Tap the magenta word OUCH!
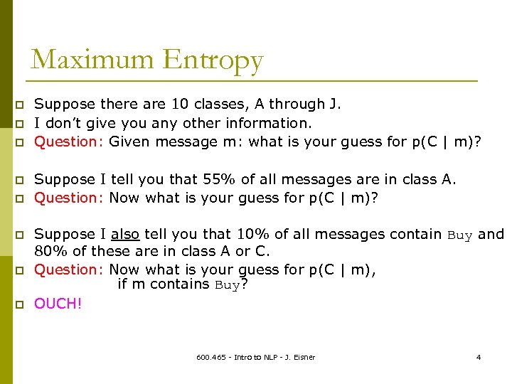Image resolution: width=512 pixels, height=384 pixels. click(x=58, y=304)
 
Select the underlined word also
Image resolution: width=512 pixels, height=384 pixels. click(x=125, y=234)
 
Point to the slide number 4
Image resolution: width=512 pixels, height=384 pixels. click(x=479, y=356)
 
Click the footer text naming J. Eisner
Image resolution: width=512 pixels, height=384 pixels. click(x=256, y=356)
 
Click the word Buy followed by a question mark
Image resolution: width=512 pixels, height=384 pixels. click(x=228, y=285)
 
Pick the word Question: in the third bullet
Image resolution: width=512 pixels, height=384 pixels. click(x=70, y=142)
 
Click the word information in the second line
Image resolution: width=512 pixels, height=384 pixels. click(x=270, y=123)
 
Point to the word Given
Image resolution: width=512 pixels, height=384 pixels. click(x=130, y=142)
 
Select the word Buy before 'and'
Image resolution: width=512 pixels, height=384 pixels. click(x=461, y=235)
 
